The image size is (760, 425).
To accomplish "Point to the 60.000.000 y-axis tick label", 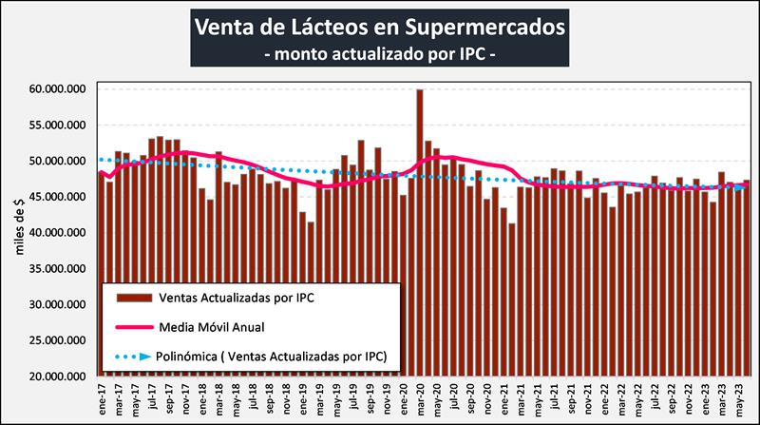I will [x=58, y=89].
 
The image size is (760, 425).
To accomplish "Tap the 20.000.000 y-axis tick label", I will [x=58, y=377].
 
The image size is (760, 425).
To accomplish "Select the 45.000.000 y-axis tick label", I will [x=58, y=197].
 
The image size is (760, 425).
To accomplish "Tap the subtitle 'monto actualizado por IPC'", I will [x=379, y=54].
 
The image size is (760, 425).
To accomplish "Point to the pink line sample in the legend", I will [x=134, y=325].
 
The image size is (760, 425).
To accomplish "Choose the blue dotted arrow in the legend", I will [x=134, y=357].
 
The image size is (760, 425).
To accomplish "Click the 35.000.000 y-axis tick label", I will [x=58, y=269].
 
